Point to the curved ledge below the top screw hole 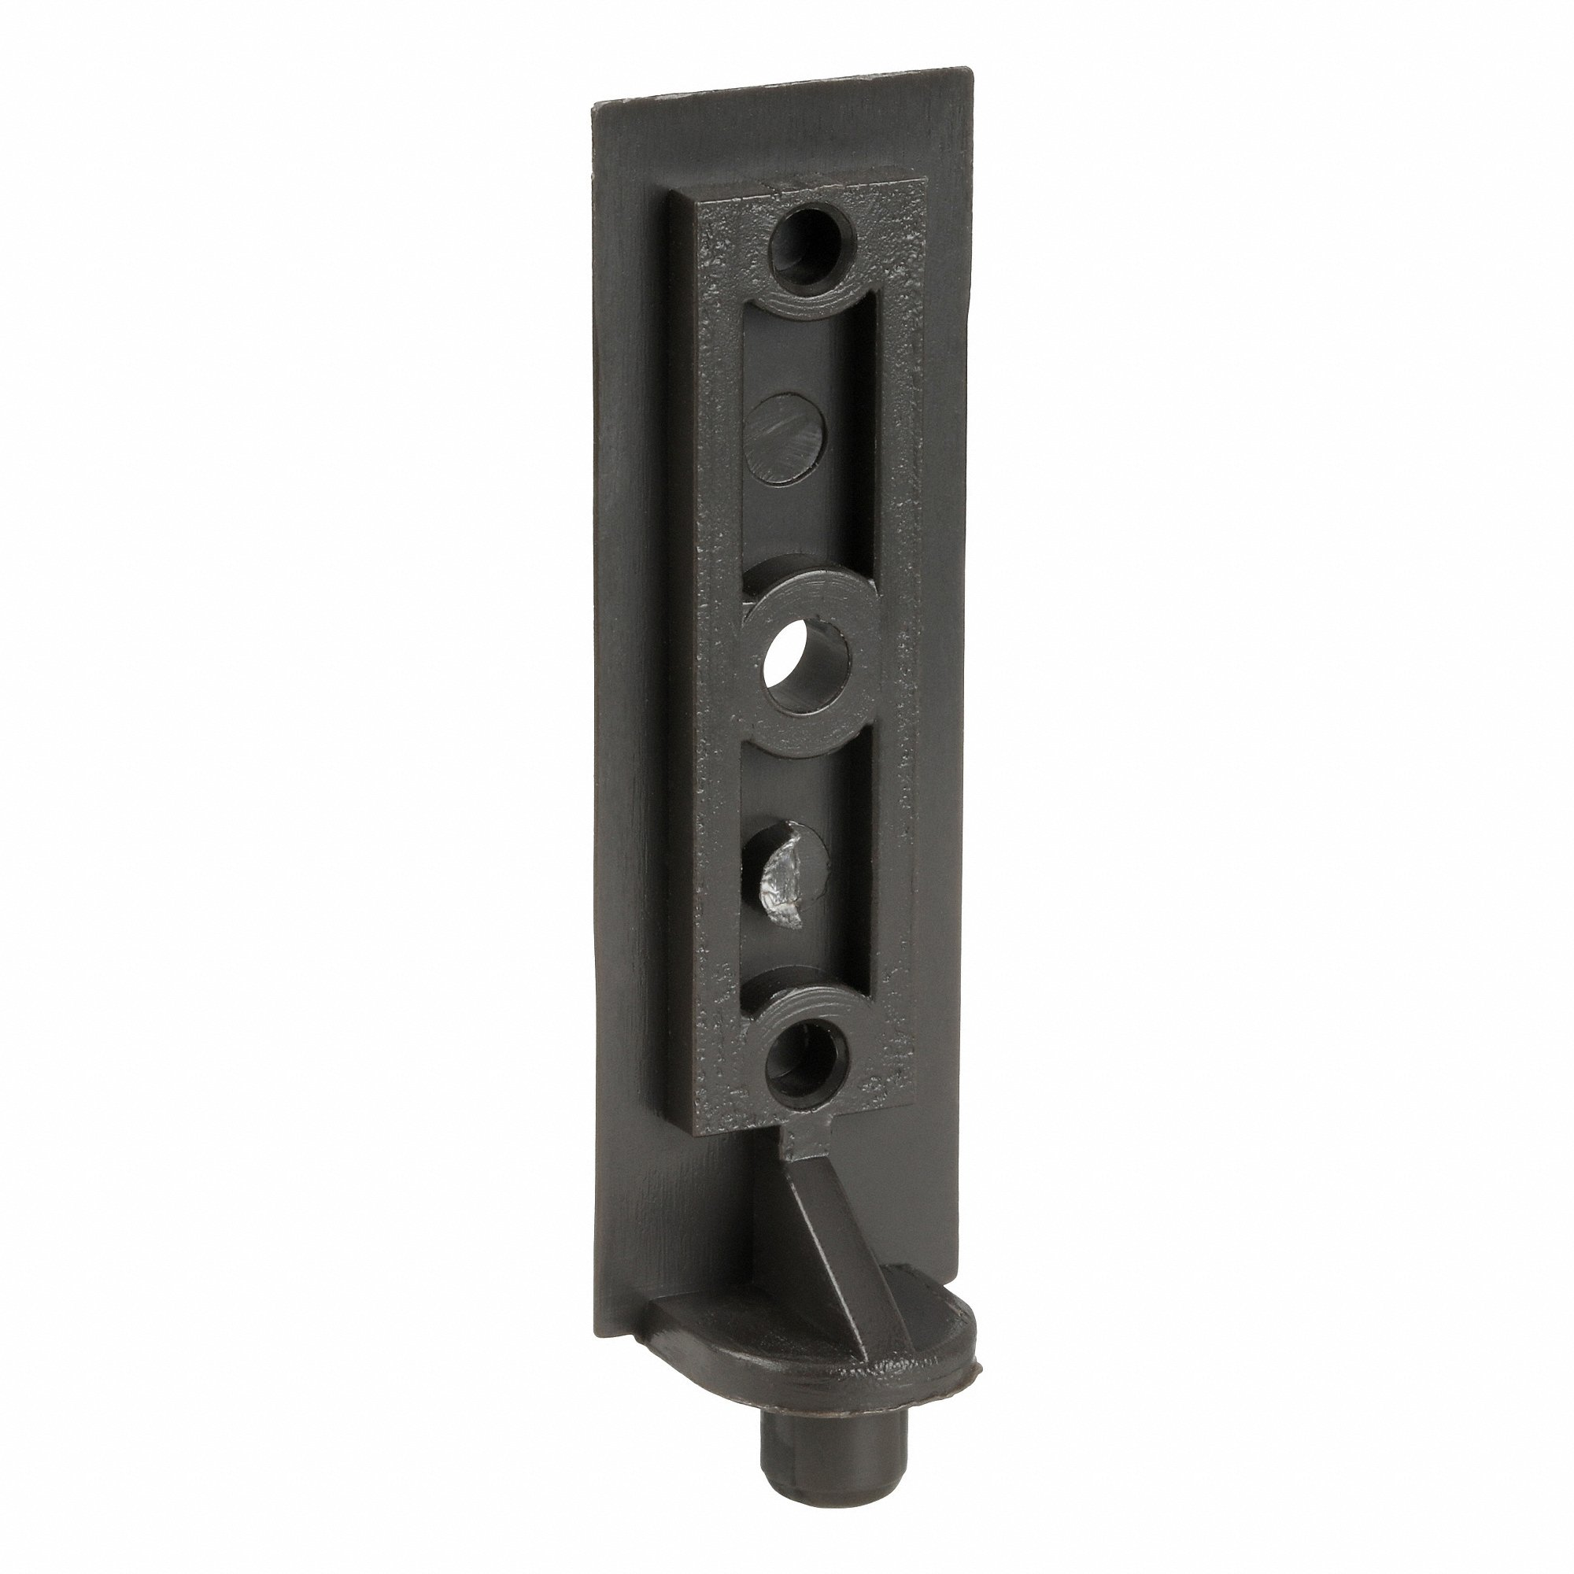point(807,306)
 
